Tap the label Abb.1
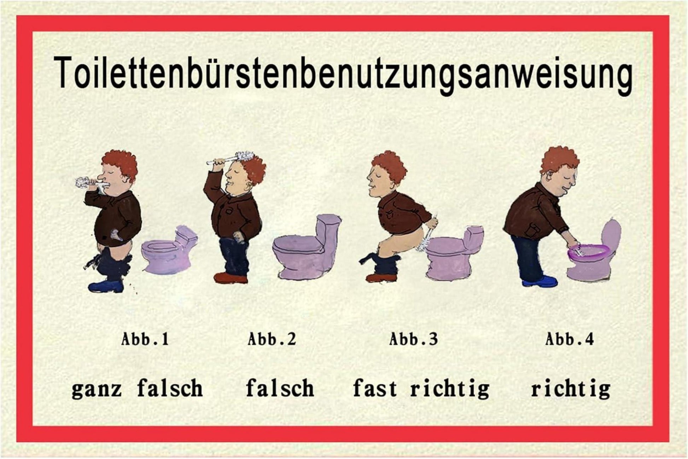pos(145,339)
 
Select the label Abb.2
pos(272,339)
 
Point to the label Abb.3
pos(413,339)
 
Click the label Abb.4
pos(570,339)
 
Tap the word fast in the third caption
pos(375,388)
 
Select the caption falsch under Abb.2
pos(280,388)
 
